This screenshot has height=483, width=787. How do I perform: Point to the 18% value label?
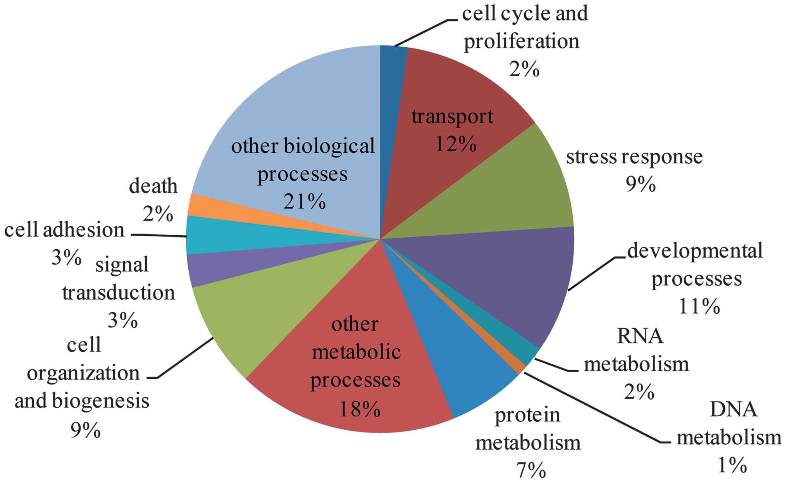coord(360,409)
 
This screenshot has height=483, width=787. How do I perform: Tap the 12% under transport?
coord(456,145)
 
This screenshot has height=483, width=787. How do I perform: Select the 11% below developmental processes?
coord(699,307)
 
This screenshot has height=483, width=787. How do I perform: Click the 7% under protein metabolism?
coord(530,471)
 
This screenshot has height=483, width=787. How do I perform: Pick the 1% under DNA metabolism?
coord(732,465)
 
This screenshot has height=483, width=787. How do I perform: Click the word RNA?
coord(640,336)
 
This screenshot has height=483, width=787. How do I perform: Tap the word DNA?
coord(733,410)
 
